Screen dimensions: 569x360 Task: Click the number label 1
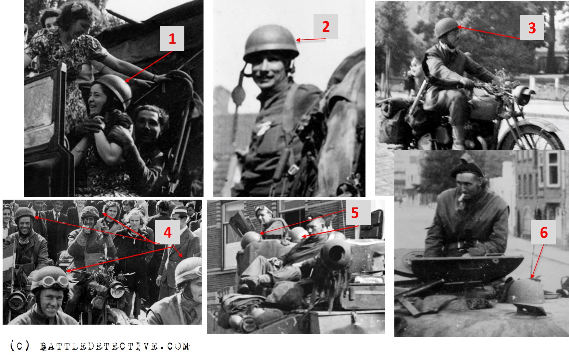[172, 39]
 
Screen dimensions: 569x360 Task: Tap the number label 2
[326, 26]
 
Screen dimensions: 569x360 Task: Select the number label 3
[532, 28]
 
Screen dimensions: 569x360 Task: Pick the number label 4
[167, 232]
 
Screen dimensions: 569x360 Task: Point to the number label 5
[355, 213]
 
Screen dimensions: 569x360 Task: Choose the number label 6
[544, 232]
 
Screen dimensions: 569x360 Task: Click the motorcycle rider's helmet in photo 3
[446, 28]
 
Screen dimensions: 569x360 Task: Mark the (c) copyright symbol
[19, 345]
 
